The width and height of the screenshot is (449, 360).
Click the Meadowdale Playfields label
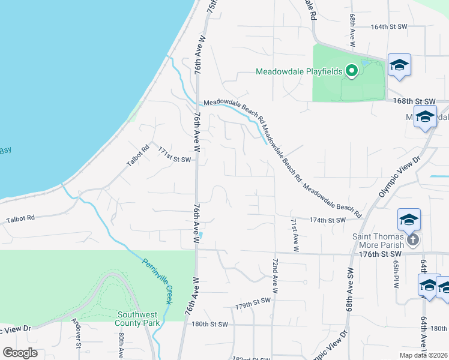tap(299, 71)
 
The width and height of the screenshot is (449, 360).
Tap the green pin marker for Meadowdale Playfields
tap(352, 71)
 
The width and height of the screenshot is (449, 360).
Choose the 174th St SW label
tap(327, 220)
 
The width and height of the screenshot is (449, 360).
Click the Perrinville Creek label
tap(157, 281)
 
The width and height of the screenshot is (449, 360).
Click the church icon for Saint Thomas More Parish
tap(412, 241)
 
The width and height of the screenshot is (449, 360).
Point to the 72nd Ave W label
tap(275, 277)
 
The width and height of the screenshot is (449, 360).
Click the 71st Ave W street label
tap(295, 235)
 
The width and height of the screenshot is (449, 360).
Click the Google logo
tap(20, 353)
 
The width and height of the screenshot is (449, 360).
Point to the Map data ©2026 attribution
tap(423, 355)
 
